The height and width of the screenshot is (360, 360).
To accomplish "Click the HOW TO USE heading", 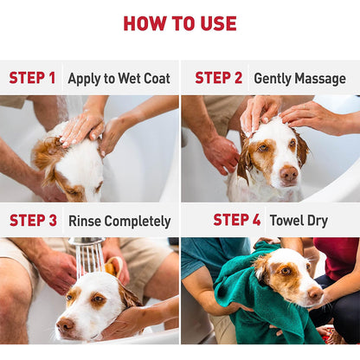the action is [180, 23].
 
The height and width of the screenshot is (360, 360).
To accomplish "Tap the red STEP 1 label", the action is [32, 78].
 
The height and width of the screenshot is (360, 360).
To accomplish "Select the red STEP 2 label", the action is [218, 78].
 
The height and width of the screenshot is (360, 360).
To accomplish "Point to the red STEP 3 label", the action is [33, 221].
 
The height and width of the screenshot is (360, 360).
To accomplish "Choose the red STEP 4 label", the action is [237, 220].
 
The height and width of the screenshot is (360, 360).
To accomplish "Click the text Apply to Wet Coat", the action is [119, 79].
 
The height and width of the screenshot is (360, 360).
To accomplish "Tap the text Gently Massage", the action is [299, 79].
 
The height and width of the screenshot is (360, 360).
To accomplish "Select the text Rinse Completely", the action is [119, 222].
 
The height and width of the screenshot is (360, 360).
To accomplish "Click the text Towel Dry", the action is [299, 221].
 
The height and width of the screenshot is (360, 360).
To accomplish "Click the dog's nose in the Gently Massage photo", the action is [289, 173].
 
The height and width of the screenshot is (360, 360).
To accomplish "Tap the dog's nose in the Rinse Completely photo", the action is [65, 325].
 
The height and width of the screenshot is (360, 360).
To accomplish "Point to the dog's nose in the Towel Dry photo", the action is [315, 293].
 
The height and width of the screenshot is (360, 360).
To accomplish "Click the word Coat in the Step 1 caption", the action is [157, 78].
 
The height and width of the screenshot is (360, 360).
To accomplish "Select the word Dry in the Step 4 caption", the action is [318, 222].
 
